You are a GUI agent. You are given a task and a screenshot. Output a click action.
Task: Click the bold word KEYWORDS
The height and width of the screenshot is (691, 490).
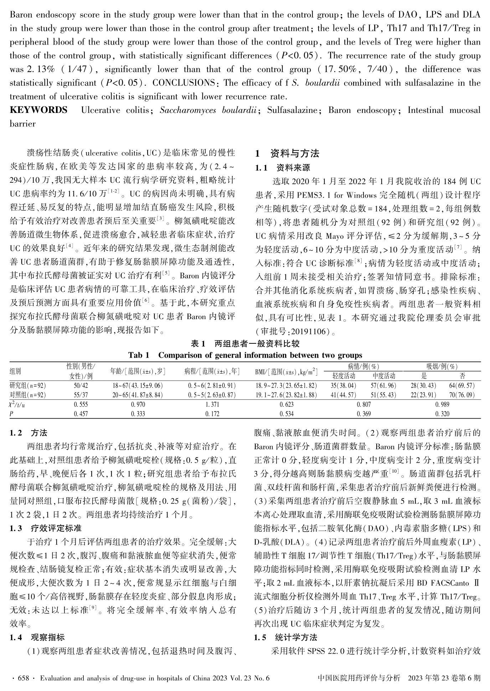pyautogui.click(x=38, y=110)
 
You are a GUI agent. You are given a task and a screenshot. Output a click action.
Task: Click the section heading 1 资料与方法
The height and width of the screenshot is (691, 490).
pyautogui.click(x=287, y=154)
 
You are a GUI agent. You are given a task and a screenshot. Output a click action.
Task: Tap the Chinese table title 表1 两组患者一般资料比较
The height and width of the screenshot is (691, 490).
pyautogui.click(x=245, y=344)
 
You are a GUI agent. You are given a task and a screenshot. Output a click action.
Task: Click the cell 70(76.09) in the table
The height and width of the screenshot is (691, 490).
pyautogui.click(x=462, y=395)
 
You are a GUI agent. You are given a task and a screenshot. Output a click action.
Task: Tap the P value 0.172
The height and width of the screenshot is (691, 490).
pyautogui.click(x=212, y=414)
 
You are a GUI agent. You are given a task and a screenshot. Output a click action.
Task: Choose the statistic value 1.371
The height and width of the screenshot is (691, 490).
pyautogui.click(x=212, y=405)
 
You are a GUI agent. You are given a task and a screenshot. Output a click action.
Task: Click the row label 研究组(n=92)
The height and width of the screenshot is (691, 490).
pyautogui.click(x=28, y=386)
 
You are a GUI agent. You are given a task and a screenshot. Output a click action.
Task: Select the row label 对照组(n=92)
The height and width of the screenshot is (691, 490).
pyautogui.click(x=28, y=395)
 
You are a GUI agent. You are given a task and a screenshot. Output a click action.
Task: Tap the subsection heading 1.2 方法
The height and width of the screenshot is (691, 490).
pyautogui.click(x=29, y=433)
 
